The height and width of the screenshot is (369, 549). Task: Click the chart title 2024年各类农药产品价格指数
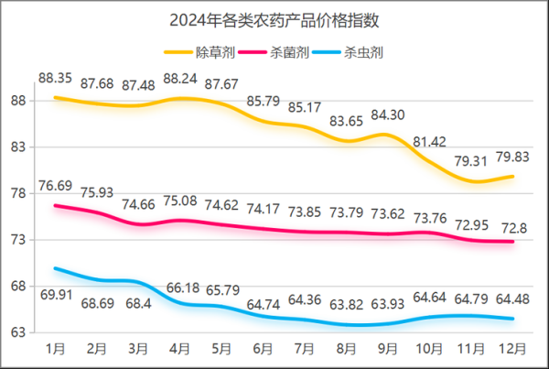tap(274, 19)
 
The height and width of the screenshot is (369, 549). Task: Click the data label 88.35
tap(55, 76)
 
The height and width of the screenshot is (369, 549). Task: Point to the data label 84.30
tap(389, 114)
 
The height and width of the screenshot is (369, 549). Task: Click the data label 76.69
tap(55, 186)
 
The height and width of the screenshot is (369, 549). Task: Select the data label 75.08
tap(180, 201)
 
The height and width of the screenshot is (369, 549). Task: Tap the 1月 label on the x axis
tap(55, 350)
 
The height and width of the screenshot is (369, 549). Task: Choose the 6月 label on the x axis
tap(264, 350)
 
